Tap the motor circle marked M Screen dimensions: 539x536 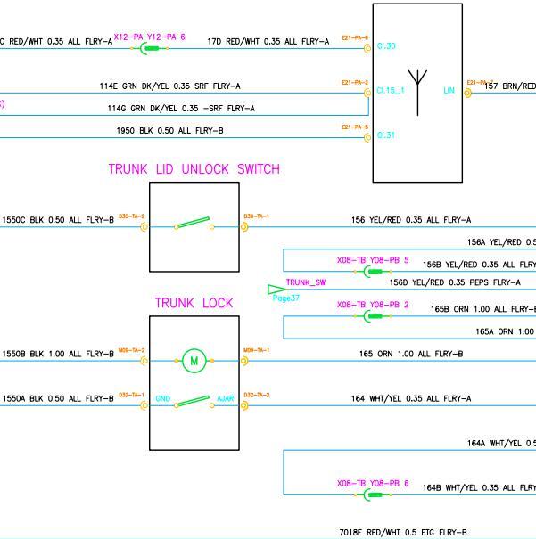[194, 361]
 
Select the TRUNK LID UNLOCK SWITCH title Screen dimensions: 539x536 [194, 169]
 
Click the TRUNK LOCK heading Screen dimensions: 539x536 [194, 304]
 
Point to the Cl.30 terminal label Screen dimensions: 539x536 [386, 46]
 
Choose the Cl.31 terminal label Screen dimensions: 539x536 [386, 135]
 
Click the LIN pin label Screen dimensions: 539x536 [449, 90]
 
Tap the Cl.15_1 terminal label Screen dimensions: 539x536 [390, 90]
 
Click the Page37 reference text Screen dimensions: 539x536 [286, 298]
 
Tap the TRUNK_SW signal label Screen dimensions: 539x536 [306, 282]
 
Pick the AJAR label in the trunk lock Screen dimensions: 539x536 [226, 398]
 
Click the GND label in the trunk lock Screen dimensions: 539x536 [163, 398]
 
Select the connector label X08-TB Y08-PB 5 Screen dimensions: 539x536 [372, 260]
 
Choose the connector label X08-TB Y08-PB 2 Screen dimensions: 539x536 [372, 305]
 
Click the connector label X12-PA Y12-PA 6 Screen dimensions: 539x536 [149, 37]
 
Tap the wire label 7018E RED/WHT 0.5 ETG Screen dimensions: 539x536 [402, 532]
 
